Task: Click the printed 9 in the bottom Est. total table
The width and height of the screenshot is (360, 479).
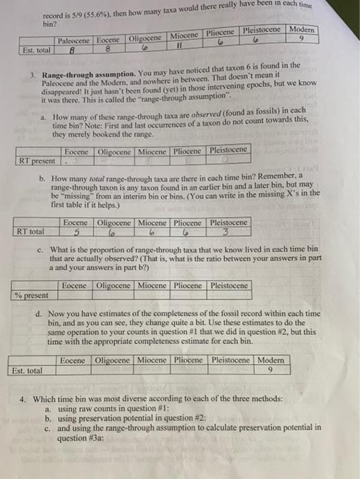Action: (272, 370)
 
